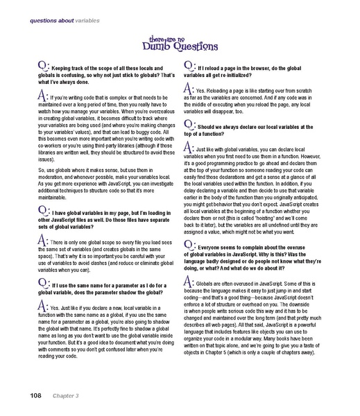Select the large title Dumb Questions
(179, 47)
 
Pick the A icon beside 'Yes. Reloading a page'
(189, 89)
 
